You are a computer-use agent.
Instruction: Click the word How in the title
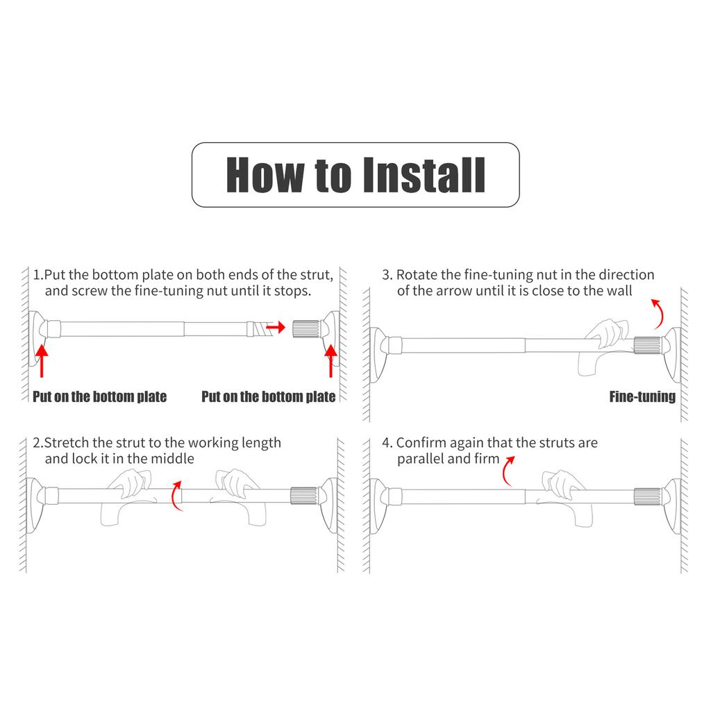pos(265,175)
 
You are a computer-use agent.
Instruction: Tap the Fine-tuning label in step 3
pos(642,396)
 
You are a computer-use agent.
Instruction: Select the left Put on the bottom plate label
pos(100,396)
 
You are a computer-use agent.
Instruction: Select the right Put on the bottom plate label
pos(269,396)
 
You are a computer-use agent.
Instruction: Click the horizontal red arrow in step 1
pos(275,327)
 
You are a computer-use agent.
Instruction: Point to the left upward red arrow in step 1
pos(41,361)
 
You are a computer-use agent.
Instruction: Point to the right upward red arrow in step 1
pos(331,361)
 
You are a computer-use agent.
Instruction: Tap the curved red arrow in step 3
pos(660,314)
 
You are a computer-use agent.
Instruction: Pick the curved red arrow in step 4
pos(505,471)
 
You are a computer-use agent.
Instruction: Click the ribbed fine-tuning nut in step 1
pos(306,328)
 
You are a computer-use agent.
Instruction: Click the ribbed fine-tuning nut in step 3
pos(647,346)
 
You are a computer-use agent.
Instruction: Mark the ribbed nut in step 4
pos(647,496)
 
